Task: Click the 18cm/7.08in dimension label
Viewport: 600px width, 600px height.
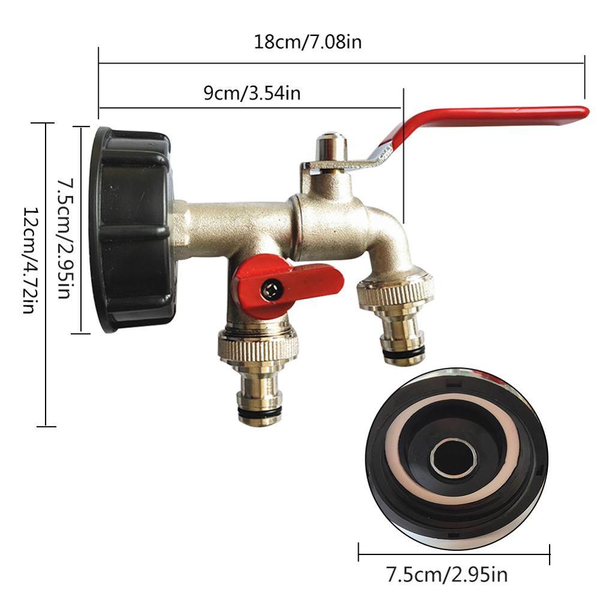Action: click(x=308, y=43)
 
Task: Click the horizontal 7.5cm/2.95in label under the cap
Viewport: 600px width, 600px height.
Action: click(x=447, y=575)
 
